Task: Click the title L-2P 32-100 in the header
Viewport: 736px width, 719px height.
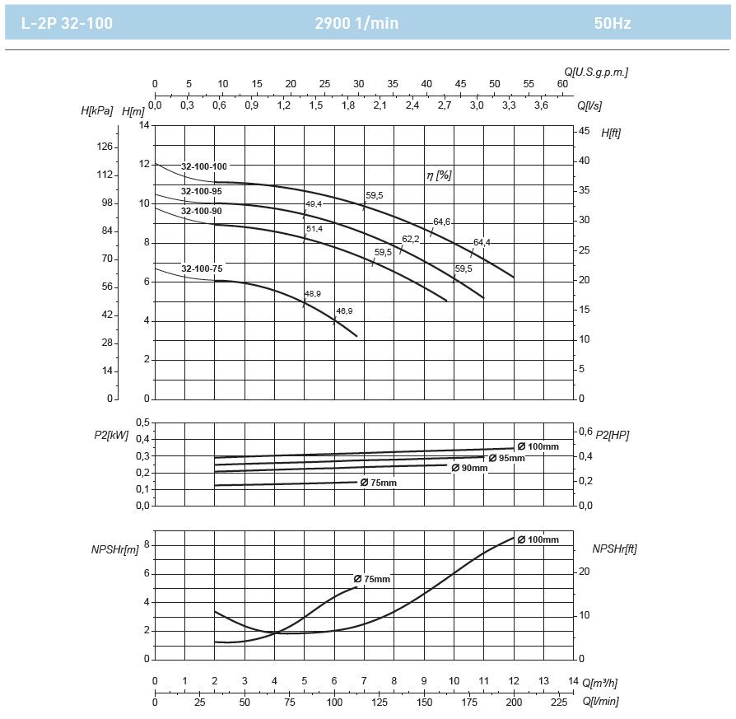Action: point(67,23)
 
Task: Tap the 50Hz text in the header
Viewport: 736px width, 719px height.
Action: point(612,23)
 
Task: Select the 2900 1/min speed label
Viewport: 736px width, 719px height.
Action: point(356,23)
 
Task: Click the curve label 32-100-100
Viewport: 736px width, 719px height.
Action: point(203,166)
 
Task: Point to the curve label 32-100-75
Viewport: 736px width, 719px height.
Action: point(202,268)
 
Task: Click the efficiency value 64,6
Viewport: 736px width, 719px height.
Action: point(442,222)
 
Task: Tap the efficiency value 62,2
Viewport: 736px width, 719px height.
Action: point(411,240)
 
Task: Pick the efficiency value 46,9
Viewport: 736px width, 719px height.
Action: point(344,311)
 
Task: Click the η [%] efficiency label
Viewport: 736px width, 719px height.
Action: point(439,175)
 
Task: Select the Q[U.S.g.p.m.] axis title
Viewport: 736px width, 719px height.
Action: point(596,72)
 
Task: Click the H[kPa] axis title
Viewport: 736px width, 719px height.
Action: point(97,110)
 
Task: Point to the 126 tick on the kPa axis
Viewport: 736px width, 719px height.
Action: point(105,147)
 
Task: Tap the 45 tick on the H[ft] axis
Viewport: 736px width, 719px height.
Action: point(585,131)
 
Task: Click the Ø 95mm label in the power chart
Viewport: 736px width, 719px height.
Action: point(506,458)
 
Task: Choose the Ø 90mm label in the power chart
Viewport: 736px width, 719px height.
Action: point(469,468)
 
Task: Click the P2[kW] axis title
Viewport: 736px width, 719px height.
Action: point(111,435)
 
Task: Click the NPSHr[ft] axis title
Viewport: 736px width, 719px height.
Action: point(614,549)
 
